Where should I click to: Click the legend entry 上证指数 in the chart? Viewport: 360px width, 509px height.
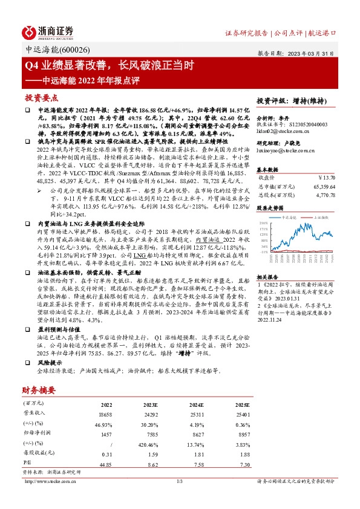(x=319, y=215)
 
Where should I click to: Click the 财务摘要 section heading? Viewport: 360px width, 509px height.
(x=41, y=391)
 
